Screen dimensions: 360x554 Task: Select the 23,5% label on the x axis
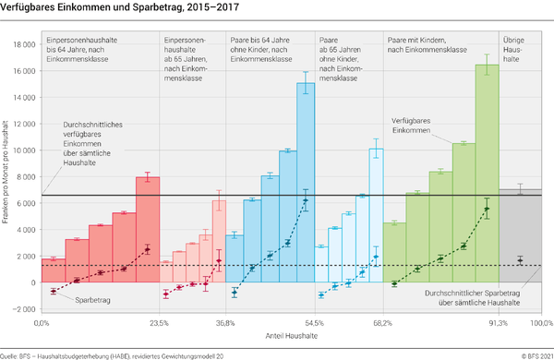[159, 323]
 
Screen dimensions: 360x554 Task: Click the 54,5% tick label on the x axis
[315, 323]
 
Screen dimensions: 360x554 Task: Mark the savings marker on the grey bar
[521, 260]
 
